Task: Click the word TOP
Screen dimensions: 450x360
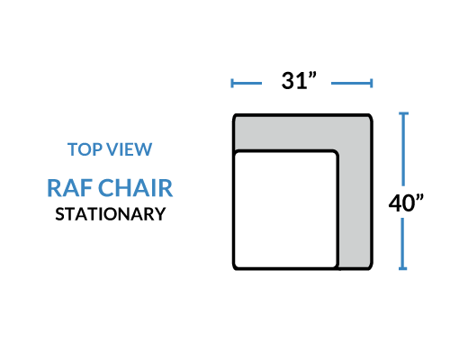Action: point(85,149)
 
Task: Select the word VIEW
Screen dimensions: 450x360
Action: point(130,149)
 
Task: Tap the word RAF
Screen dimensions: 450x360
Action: point(69,188)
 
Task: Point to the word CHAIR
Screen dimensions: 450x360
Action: point(135,188)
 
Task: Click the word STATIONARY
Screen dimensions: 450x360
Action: point(111,214)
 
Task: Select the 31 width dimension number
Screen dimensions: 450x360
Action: point(294,81)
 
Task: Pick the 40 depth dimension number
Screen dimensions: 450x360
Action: point(401,203)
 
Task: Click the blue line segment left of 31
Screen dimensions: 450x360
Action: point(247,83)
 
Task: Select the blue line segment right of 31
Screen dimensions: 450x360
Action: point(352,83)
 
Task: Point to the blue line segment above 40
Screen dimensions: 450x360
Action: point(403,149)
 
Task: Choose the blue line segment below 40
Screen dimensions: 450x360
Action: point(403,244)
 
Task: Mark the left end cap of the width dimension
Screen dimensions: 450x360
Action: point(232,83)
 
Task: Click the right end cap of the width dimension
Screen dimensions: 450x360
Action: point(372,83)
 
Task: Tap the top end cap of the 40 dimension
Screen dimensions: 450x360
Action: point(403,113)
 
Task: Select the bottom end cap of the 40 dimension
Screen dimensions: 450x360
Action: point(403,268)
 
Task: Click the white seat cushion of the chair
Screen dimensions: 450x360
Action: point(285,210)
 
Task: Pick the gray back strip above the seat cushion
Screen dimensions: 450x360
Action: point(300,132)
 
